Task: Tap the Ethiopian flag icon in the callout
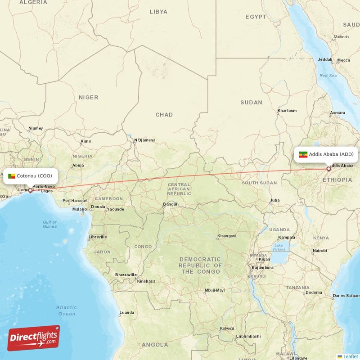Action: tap(303, 154)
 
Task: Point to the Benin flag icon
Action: tap(12, 176)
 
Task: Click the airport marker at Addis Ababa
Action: tap(328, 169)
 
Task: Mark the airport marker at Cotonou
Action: tap(30, 190)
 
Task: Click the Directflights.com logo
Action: tap(34, 338)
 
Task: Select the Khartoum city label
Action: tap(287, 110)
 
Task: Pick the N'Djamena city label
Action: tap(145, 140)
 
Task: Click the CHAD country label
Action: tap(164, 115)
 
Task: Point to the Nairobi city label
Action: tap(319, 250)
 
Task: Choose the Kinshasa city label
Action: tap(146, 281)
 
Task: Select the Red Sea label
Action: tap(328, 76)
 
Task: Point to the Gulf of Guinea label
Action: tap(50, 224)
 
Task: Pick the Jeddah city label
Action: tap(325, 59)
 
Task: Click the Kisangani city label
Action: tap(226, 236)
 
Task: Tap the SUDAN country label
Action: tap(251, 103)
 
